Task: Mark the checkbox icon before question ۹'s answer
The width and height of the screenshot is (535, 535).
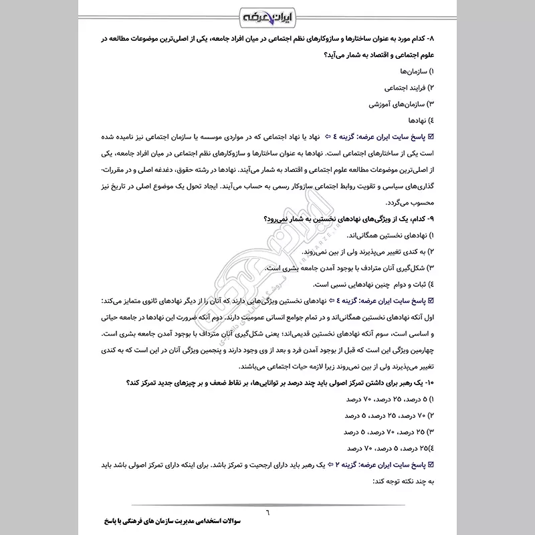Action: pyautogui.click(x=431, y=301)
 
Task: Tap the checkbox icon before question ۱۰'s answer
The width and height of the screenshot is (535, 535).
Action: pyautogui.click(x=431, y=465)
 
